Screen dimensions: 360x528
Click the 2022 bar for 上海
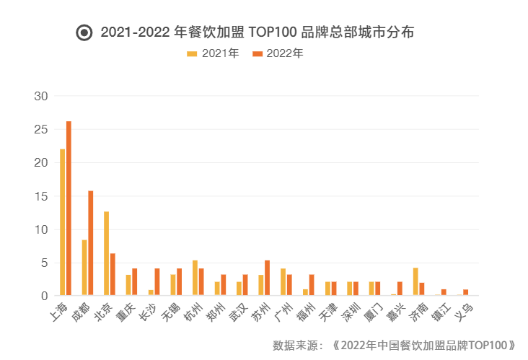tap(69, 208)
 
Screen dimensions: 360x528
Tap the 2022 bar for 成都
tap(91, 243)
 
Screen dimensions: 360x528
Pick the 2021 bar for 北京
tap(107, 253)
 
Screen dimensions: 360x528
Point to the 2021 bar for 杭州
tap(195, 278)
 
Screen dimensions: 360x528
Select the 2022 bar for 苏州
tap(267, 278)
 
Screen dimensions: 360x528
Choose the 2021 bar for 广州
tap(283, 282)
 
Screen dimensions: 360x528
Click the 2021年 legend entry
tap(214, 53)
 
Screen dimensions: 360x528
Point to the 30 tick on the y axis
tap(41, 96)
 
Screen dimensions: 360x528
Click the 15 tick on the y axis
tap(41, 196)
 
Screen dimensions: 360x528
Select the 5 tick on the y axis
tap(44, 263)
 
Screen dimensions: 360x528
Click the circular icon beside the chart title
tap(84, 32)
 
